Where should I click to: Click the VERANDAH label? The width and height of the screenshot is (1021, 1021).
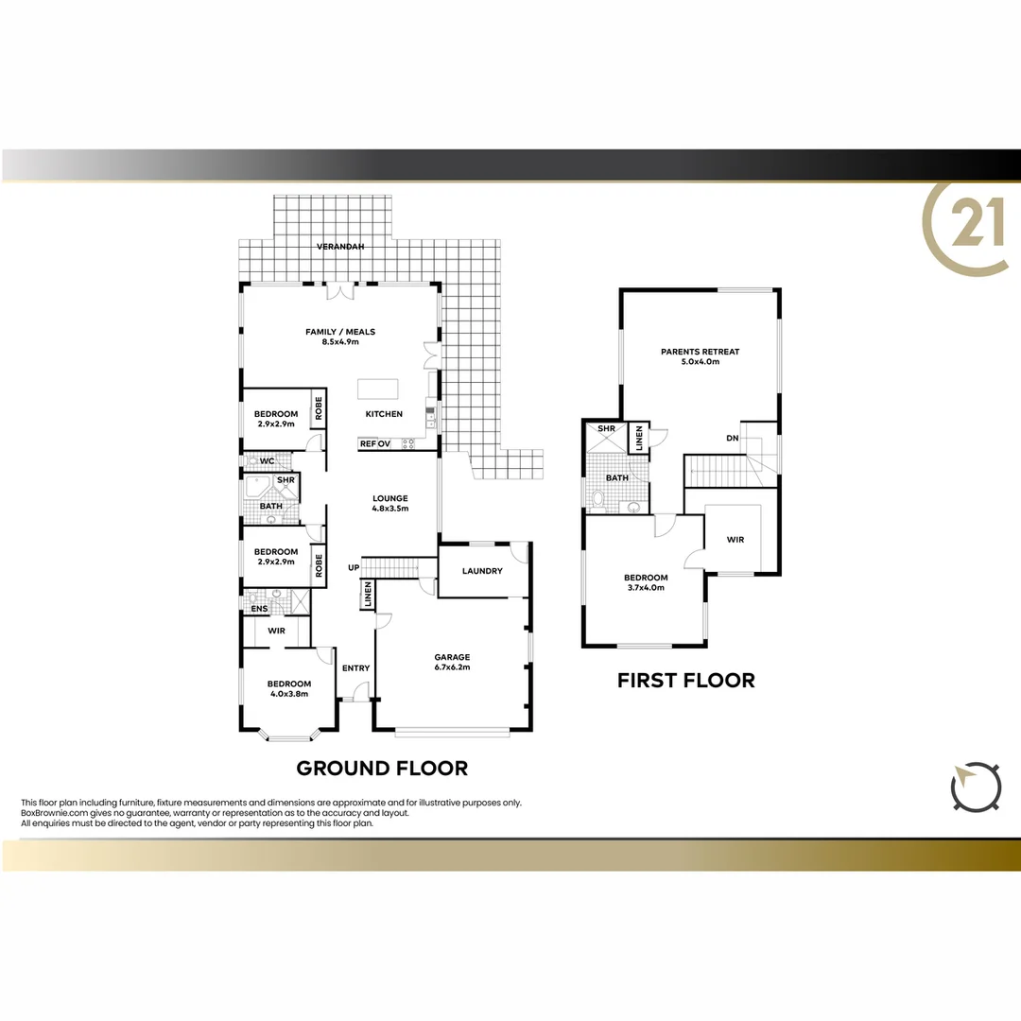click(x=339, y=247)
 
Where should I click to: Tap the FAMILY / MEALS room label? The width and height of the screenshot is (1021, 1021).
click(x=340, y=337)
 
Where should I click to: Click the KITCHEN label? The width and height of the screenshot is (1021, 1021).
click(x=385, y=414)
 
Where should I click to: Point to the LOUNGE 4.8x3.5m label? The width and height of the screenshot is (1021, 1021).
click(x=389, y=503)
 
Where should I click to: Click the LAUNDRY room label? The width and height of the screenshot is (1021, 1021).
click(x=482, y=571)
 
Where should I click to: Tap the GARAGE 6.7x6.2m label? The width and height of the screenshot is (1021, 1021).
click(x=452, y=662)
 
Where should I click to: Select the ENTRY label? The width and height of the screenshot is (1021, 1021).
click(x=355, y=668)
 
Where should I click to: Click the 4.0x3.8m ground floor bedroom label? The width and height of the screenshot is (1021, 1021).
click(x=288, y=689)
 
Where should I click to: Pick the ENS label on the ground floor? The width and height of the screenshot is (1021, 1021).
click(x=258, y=609)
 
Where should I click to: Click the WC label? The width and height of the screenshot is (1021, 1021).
click(x=267, y=461)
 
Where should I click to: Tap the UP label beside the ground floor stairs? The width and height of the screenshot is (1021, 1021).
click(x=353, y=567)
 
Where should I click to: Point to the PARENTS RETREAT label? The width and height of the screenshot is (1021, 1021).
click(x=700, y=356)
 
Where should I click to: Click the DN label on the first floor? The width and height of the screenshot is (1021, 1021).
click(x=732, y=438)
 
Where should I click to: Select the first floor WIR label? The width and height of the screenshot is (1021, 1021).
click(x=735, y=540)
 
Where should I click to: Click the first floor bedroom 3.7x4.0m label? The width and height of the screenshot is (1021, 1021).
click(x=646, y=582)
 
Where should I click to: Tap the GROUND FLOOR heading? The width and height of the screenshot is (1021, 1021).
click(x=382, y=768)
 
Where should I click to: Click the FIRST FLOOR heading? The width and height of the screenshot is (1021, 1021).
click(x=685, y=680)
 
